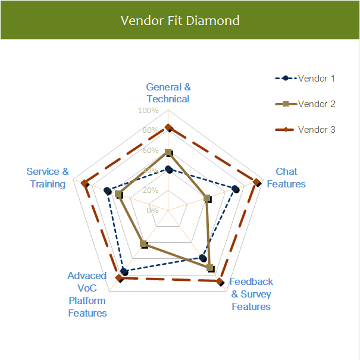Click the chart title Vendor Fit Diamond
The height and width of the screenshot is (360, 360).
pos(180,20)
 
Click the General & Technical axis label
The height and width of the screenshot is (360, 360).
pos(168,93)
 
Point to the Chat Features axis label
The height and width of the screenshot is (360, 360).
pos(286,178)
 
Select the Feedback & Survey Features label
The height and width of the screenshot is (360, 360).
pos(251,294)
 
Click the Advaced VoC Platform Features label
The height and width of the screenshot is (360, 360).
pos(87,294)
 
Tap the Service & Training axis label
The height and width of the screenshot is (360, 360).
pos(48,178)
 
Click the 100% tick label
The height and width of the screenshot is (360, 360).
pos(148,111)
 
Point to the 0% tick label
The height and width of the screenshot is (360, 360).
pos(152,210)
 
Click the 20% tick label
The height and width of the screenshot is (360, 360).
pos(150,190)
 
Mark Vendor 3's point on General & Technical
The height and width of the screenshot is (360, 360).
pos(168,127)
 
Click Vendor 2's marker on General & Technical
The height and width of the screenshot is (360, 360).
pos(168,152)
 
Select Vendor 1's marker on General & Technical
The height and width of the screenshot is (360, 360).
pos(168,170)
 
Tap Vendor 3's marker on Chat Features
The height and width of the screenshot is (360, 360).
pos(256,181)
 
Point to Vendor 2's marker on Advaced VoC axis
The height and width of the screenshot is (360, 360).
pos(143,243)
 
